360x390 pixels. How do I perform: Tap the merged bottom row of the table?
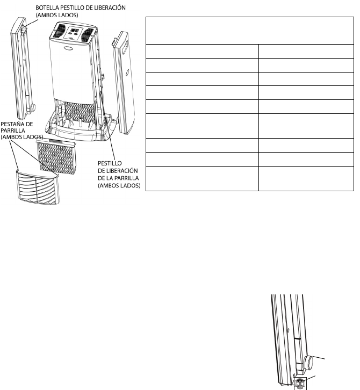click(x=250, y=178)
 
